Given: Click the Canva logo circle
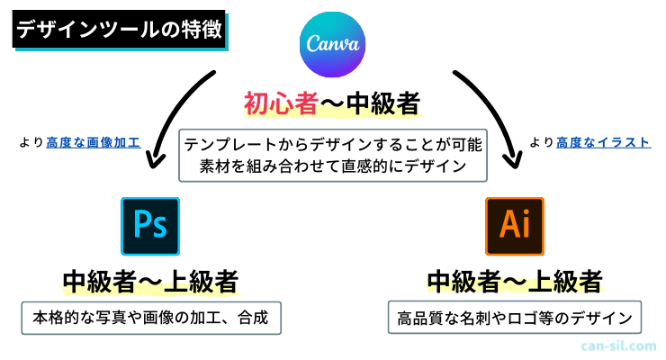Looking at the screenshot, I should [x=333, y=43].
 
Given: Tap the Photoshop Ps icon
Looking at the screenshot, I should [x=150, y=226].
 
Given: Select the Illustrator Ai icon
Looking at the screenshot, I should [x=514, y=226].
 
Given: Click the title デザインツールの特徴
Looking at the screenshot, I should [x=119, y=31].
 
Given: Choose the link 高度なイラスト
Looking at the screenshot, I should [x=602, y=142].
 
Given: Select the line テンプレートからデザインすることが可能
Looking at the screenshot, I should [x=332, y=143].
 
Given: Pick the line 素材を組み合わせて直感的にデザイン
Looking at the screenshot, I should [x=332, y=166].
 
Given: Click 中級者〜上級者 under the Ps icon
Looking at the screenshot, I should [x=150, y=282].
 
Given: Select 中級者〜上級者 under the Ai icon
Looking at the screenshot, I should [x=514, y=282].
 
